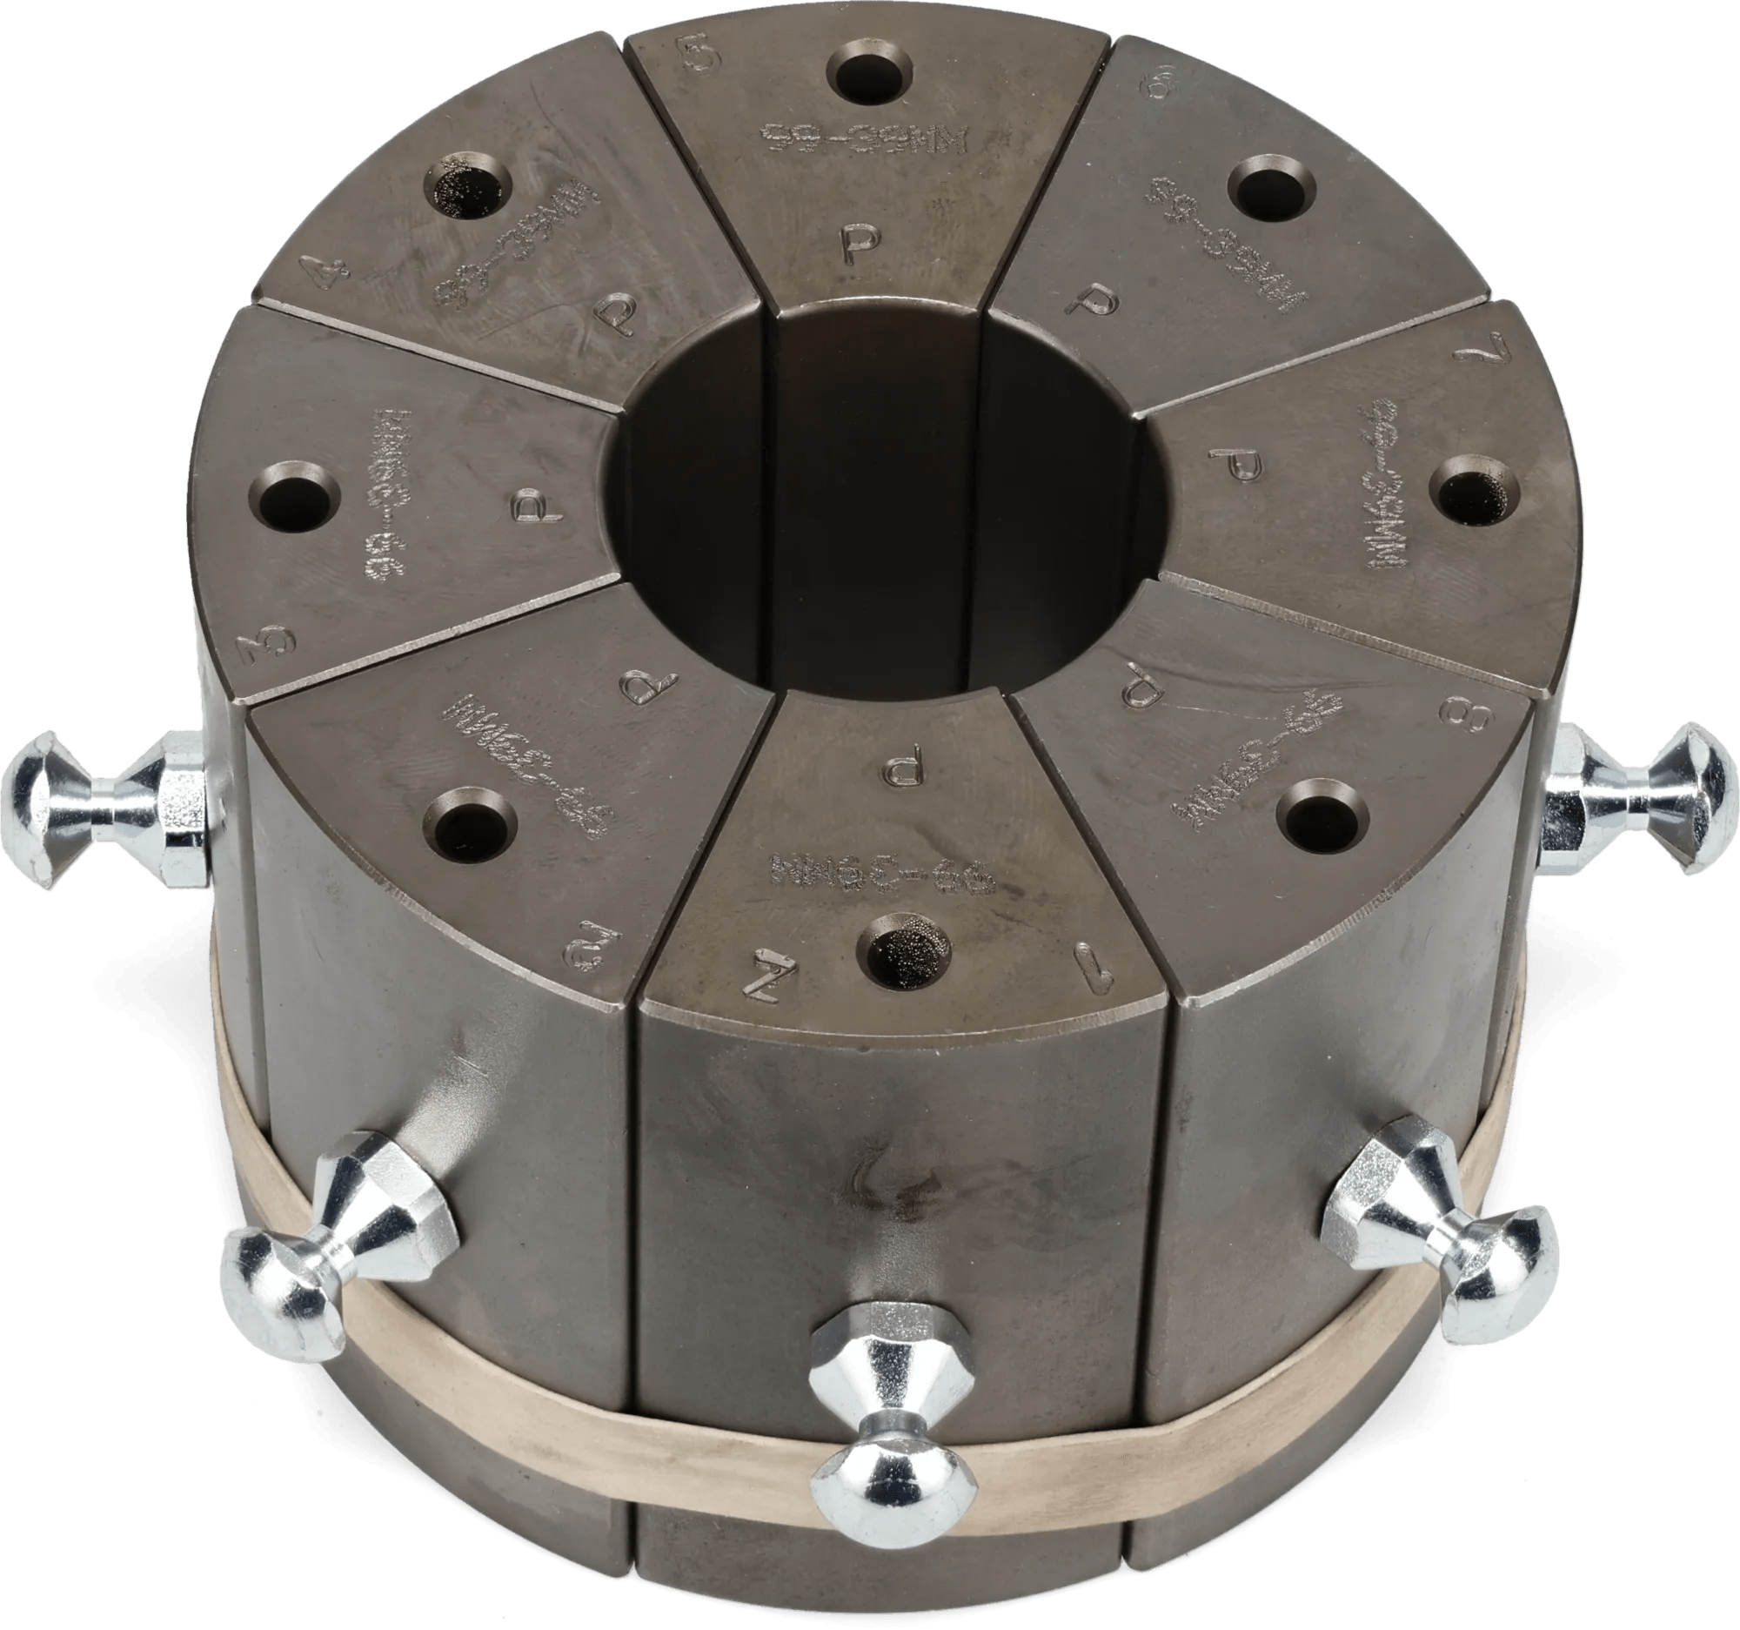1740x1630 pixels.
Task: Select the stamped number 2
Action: pyautogui.click(x=583, y=937)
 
